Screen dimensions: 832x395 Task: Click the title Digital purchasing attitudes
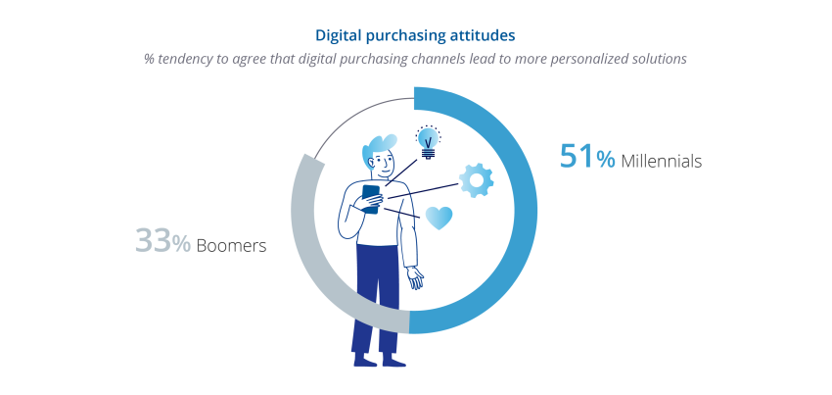(415, 35)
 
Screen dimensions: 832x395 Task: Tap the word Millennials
(661, 161)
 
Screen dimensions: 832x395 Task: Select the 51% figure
(587, 157)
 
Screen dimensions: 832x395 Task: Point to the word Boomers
(231, 246)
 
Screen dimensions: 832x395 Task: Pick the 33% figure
(162, 241)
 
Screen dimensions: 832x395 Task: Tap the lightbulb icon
(428, 142)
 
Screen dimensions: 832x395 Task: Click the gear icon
(477, 180)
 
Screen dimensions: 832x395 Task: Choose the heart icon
(439, 218)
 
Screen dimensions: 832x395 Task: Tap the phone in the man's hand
(371, 199)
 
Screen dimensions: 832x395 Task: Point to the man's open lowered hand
(415, 277)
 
